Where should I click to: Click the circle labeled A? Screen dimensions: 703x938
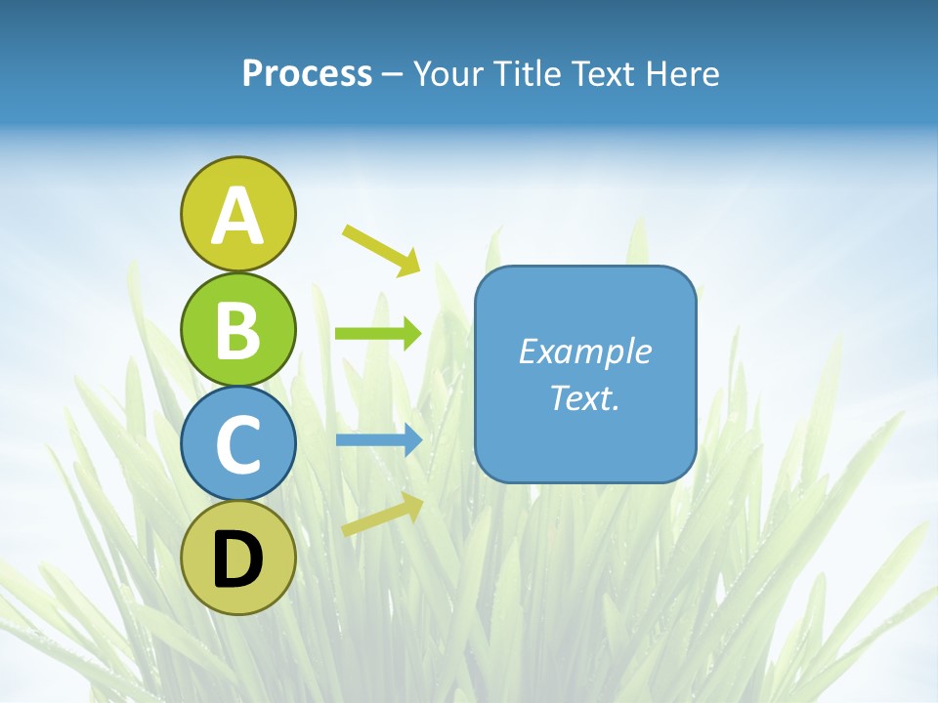pyautogui.click(x=237, y=214)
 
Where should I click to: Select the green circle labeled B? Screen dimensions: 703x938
pyautogui.click(x=237, y=329)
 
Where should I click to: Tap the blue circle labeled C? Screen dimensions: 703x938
pyautogui.click(x=237, y=443)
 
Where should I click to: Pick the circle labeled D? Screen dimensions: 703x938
pyautogui.click(x=237, y=558)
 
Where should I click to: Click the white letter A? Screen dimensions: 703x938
pyautogui.click(x=237, y=216)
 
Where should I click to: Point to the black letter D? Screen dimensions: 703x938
pyautogui.click(x=237, y=561)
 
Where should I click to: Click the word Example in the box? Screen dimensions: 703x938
pyautogui.click(x=584, y=351)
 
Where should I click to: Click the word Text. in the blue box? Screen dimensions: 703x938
pyautogui.click(x=584, y=397)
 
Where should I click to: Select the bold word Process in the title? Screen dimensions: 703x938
pyautogui.click(x=307, y=74)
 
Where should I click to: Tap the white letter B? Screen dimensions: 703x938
pyautogui.click(x=237, y=331)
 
